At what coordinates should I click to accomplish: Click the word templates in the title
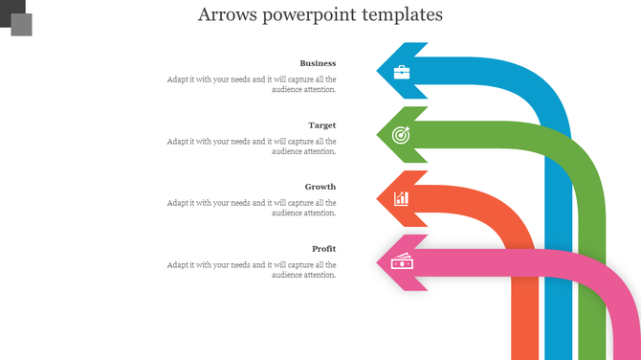[400, 15]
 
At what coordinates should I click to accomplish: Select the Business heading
[318, 63]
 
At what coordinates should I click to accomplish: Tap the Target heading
[321, 125]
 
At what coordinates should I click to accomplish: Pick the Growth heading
[320, 187]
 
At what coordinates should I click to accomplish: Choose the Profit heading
[323, 249]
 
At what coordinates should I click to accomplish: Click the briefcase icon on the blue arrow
[402, 72]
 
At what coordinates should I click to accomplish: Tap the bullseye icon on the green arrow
[402, 135]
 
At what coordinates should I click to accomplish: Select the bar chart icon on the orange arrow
[402, 198]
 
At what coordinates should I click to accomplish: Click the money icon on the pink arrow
[402, 261]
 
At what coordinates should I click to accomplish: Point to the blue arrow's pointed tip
[378, 71]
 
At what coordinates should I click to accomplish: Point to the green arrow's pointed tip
[378, 134]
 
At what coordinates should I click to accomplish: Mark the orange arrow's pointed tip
[378, 198]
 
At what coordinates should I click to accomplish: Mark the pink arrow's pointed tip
[378, 261]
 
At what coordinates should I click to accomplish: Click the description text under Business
[252, 84]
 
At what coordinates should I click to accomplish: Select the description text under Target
[252, 146]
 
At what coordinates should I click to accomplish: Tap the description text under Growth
[252, 208]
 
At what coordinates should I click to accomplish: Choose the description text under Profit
[252, 269]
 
